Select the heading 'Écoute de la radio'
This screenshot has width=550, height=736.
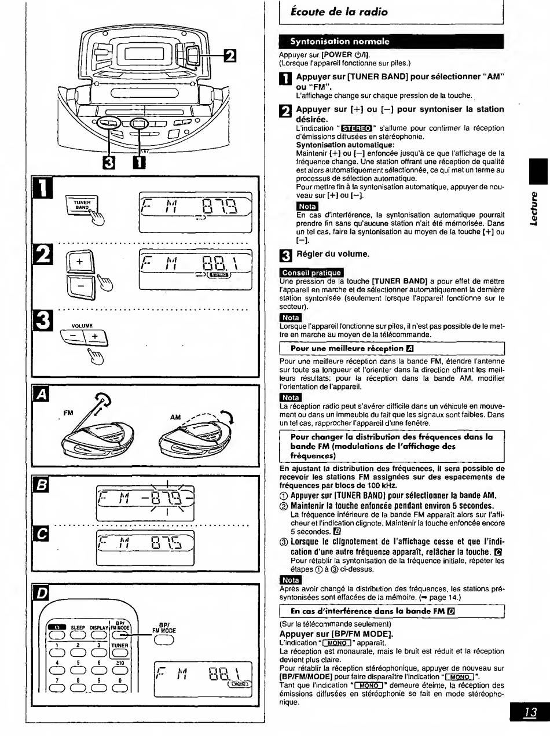point(339,12)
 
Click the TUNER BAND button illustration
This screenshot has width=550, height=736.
point(82,204)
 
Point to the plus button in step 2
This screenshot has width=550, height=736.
point(80,262)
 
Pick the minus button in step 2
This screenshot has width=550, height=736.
point(80,286)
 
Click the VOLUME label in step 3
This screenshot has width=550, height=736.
point(82,326)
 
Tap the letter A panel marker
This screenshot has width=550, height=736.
point(41,393)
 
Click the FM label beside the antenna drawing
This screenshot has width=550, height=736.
point(68,413)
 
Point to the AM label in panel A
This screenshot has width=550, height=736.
point(175,417)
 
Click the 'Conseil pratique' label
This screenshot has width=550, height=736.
point(311,273)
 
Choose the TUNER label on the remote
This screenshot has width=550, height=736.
point(120,645)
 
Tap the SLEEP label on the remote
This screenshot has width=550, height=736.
point(78,628)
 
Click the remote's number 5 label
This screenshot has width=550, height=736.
point(78,663)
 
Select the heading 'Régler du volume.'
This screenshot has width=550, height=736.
point(333,254)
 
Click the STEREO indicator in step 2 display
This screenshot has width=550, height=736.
point(219,275)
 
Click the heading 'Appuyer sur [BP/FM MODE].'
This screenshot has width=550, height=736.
point(336,634)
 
